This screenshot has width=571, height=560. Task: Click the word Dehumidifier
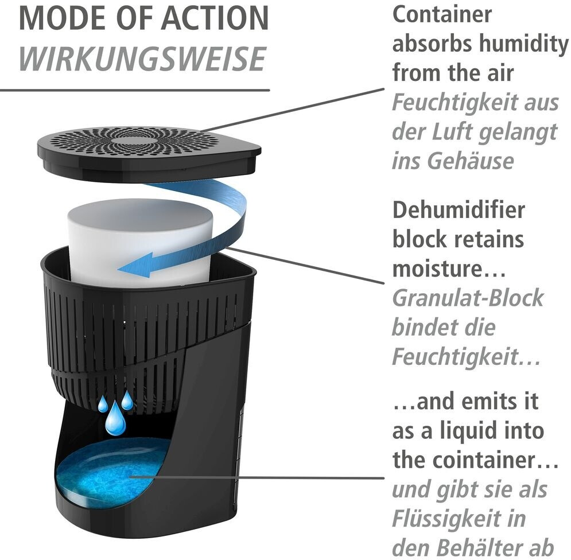pyautogui.click(x=459, y=210)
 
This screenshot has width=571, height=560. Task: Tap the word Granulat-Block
pyautogui.click(x=467, y=298)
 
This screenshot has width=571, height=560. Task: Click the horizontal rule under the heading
pyautogui.click(x=134, y=90)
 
